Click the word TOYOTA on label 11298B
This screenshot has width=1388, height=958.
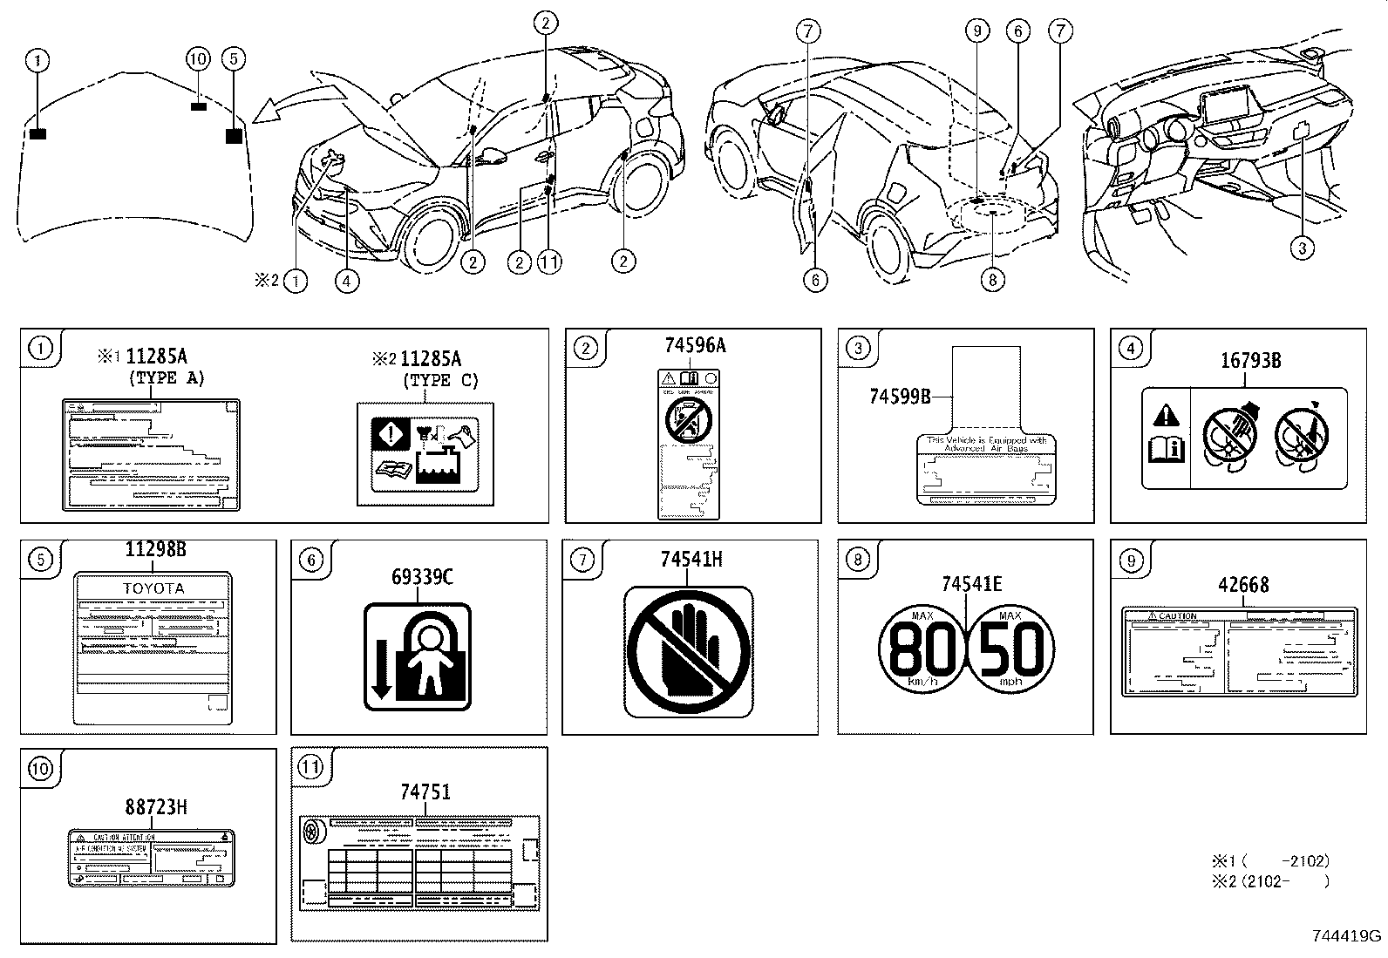153,588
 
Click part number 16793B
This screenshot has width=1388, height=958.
1250,360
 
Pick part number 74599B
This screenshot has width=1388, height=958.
900,396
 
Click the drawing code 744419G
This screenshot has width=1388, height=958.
1347,936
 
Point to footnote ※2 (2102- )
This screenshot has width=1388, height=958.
1271,881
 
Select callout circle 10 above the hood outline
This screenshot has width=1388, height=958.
199,58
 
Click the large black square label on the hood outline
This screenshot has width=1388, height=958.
234,135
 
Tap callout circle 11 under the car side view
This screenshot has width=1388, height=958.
548,261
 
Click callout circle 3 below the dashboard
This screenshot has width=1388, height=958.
1302,248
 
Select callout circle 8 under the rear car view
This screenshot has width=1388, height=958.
992,279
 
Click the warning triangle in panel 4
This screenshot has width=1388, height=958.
1166,415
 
